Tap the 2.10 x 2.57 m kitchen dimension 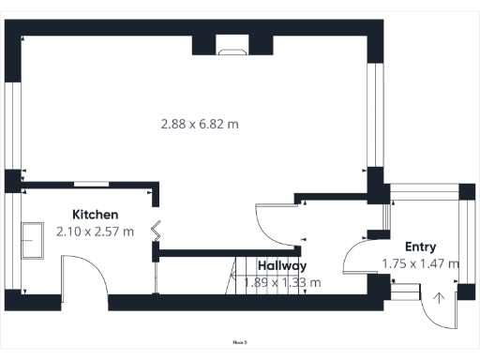95,231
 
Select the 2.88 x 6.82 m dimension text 200,123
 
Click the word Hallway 283,265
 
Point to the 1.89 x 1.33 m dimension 282,281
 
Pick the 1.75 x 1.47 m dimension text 420,263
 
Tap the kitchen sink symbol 35,239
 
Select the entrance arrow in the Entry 439,299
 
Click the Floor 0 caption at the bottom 240,343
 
